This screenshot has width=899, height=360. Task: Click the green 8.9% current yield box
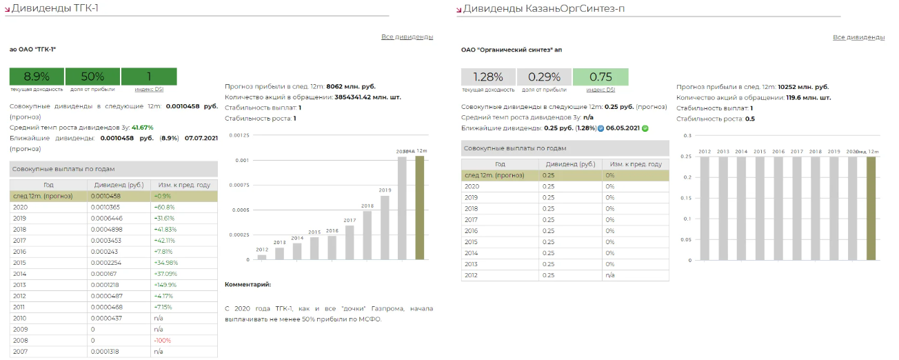(37, 77)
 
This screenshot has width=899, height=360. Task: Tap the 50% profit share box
(92, 77)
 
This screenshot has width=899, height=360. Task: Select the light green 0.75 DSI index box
(600, 77)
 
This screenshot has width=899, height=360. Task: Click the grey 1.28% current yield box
(488, 77)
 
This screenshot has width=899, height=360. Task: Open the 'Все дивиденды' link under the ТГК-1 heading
(407, 37)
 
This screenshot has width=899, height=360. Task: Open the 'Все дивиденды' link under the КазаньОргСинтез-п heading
(858, 37)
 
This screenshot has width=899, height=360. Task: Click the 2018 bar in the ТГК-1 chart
(367, 235)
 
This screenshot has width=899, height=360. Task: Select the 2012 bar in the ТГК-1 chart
(262, 257)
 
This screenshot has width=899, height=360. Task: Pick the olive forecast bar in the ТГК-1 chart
(420, 208)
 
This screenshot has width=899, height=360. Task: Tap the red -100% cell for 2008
(163, 341)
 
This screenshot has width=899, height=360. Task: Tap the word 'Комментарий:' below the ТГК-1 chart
(248, 284)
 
